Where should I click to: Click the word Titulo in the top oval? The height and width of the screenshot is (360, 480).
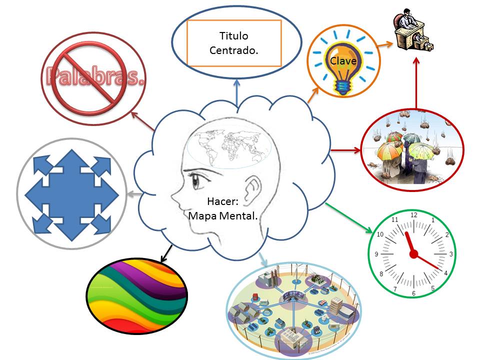coord(233,36)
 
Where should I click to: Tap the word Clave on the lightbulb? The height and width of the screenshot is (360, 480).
coord(342,60)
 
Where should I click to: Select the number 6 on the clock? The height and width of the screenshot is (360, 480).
coord(413,293)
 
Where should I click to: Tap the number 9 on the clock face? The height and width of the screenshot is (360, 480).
coord(376,254)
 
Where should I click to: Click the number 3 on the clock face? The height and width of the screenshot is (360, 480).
coord(450,254)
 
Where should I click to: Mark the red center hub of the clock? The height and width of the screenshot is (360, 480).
coord(413,254)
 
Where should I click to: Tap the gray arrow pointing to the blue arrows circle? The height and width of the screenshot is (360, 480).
coord(132,194)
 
